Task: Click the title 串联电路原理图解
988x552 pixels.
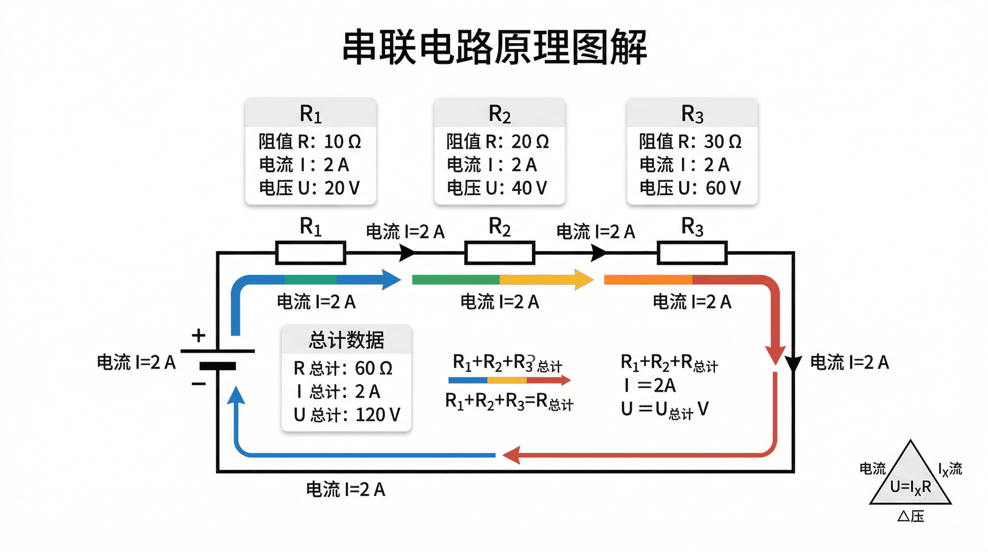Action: pos(494,47)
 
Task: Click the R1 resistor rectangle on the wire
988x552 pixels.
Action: pos(310,253)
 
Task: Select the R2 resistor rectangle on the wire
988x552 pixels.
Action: pos(499,253)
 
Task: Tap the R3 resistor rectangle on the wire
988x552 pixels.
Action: pos(692,253)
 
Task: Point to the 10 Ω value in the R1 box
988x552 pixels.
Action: pos(342,142)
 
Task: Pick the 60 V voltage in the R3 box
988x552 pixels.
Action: pos(723,188)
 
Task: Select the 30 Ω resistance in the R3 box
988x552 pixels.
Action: pos(722,142)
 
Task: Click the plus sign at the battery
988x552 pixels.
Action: pos(199,336)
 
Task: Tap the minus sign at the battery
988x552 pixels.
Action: pos(199,384)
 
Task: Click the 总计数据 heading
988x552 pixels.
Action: pos(346,340)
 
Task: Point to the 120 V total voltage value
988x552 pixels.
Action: pos(377,415)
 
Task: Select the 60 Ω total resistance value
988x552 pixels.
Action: pos(374,368)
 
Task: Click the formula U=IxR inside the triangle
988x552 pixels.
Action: pos(910,487)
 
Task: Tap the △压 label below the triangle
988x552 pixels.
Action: pos(910,516)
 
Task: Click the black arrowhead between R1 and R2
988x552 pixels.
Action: pos(407,253)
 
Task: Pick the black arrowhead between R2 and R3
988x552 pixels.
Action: pos(598,253)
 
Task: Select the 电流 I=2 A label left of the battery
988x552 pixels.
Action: pos(136,363)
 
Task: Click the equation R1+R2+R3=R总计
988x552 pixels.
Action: pos(509,401)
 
